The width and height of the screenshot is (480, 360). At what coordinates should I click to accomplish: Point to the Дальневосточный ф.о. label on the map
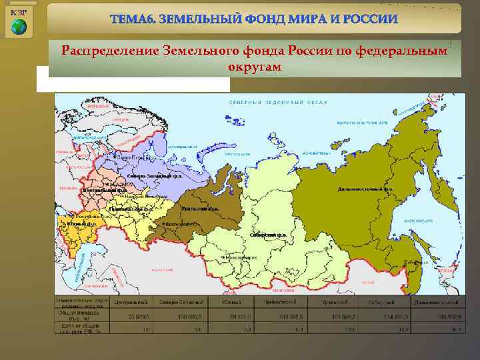(365, 189)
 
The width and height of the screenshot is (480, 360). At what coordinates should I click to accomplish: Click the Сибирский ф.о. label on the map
(268, 235)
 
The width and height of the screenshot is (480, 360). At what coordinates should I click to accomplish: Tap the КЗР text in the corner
(19, 13)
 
